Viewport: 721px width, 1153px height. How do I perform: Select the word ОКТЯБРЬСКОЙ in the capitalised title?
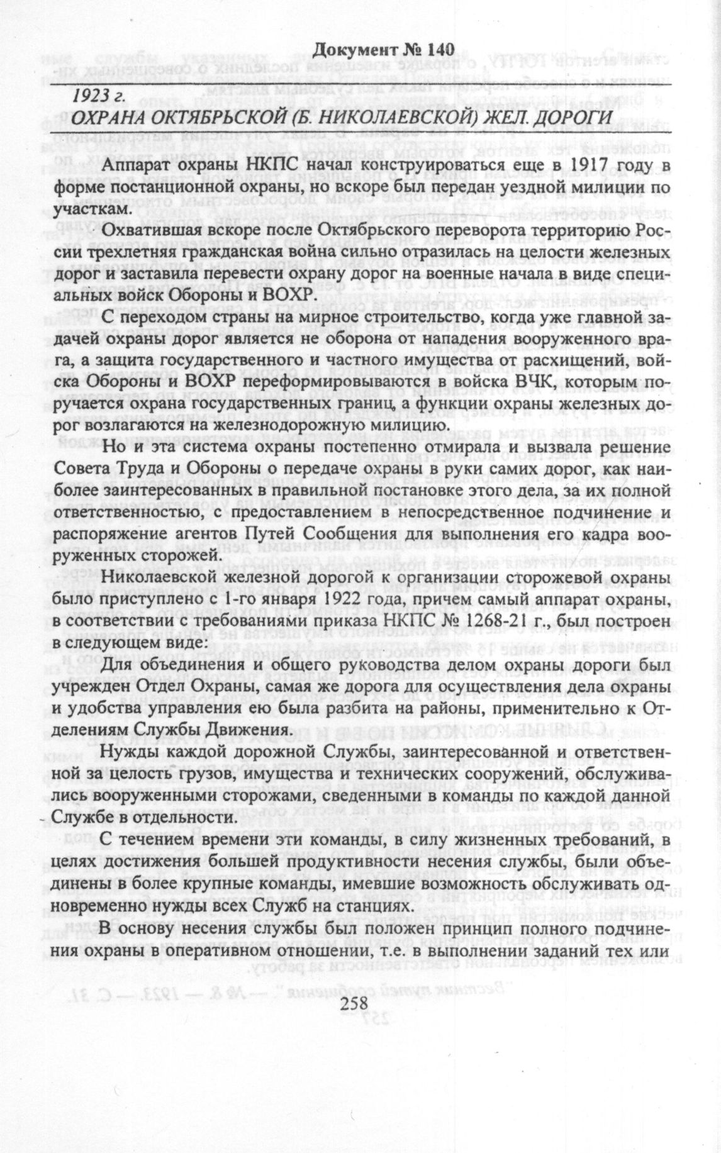(x=230, y=120)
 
